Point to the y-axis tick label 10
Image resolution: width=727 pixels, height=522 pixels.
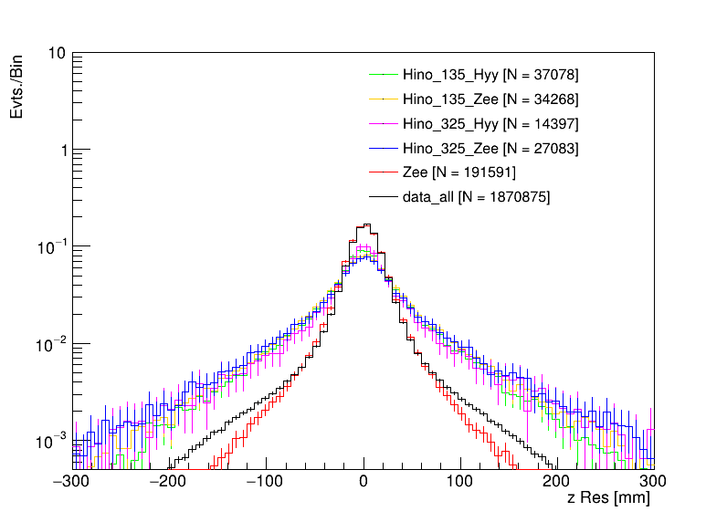(56, 53)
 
